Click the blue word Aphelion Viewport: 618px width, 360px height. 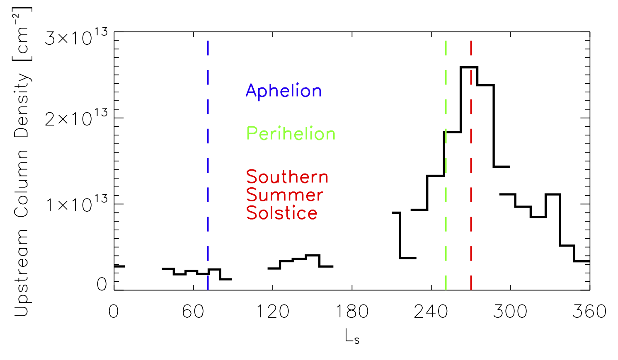284,91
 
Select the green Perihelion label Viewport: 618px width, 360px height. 291,134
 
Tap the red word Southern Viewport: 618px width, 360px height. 287,177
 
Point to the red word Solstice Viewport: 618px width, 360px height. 282,213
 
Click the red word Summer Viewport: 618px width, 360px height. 285,195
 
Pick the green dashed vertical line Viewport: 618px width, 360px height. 446,207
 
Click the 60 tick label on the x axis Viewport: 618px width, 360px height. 193,312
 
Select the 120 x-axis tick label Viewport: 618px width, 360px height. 272,312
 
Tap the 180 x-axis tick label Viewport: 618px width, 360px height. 352,312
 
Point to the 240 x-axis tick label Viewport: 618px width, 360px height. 431,312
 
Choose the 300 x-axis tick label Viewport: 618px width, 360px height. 510,312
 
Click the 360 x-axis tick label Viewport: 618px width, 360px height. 589,312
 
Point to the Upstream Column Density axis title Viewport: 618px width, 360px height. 22,162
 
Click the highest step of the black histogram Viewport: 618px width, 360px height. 469,67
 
